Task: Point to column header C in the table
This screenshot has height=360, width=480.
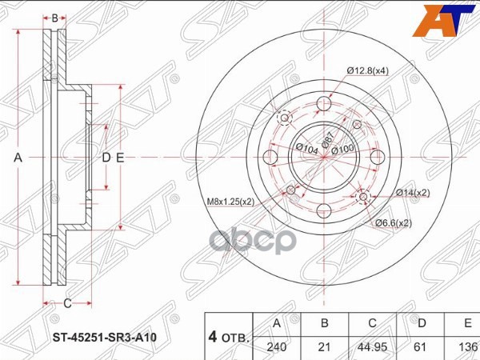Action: pos(371,323)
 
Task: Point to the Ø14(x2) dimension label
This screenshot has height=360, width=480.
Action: pos(412,193)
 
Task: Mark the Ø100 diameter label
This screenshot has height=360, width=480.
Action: pos(342,150)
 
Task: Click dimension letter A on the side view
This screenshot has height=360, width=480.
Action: pos(18,158)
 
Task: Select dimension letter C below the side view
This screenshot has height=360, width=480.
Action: pos(67,302)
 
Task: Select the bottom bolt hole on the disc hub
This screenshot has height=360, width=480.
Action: pos(323,210)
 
